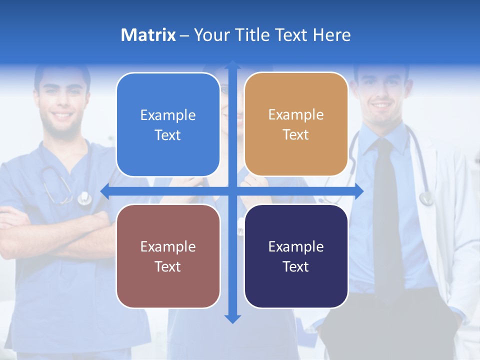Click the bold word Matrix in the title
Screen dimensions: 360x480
click(x=148, y=35)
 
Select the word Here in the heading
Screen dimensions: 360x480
click(x=332, y=35)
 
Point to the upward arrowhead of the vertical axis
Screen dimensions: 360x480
click(x=232, y=65)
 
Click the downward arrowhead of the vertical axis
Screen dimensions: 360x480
click(x=232, y=318)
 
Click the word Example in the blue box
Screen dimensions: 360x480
click(x=168, y=115)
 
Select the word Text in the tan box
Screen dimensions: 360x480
click(x=296, y=135)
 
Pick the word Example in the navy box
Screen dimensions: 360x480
click(x=296, y=247)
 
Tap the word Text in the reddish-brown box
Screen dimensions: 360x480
click(x=168, y=266)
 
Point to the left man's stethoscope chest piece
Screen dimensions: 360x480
click(x=84, y=198)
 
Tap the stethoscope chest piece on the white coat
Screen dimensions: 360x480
click(x=426, y=199)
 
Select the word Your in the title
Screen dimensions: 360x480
click(x=209, y=35)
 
